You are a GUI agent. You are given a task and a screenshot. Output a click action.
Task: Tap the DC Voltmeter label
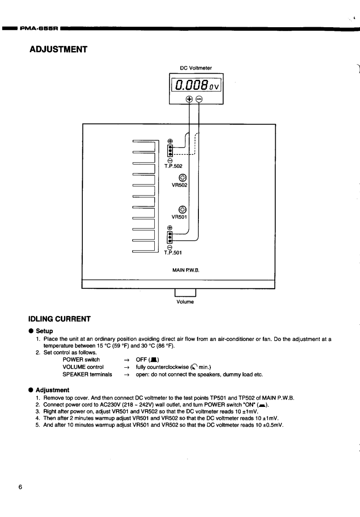tap(196, 68)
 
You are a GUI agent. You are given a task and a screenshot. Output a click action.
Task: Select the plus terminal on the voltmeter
tap(189, 99)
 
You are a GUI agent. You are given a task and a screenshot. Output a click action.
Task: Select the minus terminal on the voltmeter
tap(199, 99)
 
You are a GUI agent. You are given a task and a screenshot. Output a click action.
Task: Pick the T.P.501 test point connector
tap(170, 236)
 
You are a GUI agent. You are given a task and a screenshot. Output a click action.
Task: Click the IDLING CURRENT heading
tap(60, 319)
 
